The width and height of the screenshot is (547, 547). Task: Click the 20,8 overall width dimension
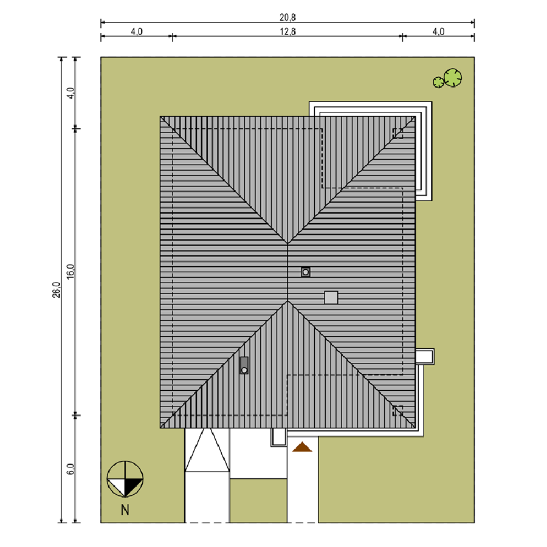click(x=287, y=17)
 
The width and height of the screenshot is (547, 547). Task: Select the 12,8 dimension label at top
click(x=287, y=32)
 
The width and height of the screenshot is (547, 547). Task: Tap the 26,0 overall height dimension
click(x=57, y=289)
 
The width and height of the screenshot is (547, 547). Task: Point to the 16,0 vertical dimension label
click(x=71, y=272)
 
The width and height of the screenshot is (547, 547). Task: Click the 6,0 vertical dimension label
click(x=71, y=469)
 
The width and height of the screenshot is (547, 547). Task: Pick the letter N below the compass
click(x=125, y=510)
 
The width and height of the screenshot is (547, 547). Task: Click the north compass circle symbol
click(x=125, y=479)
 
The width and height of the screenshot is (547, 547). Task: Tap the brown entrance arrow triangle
click(x=302, y=447)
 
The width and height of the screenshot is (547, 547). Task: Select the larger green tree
click(x=453, y=77)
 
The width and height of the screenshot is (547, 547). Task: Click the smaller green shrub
click(x=438, y=82)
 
